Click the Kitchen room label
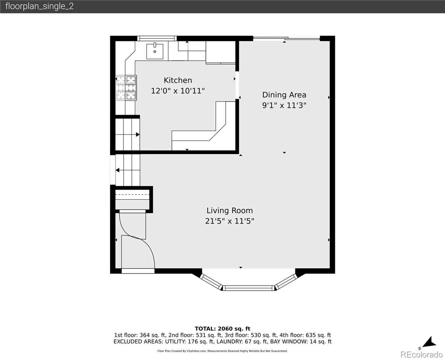(x=178, y=80)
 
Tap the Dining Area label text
(x=284, y=95)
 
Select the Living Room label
(x=230, y=211)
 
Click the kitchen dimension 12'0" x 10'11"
(x=178, y=91)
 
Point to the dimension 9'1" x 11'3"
(x=284, y=105)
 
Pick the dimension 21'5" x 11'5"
(x=230, y=221)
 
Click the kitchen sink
(x=155, y=51)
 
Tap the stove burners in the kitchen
(x=126, y=88)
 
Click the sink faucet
(x=155, y=45)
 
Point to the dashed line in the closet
(x=132, y=194)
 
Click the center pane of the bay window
(x=249, y=288)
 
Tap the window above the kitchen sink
(x=157, y=38)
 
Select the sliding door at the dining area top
(x=286, y=38)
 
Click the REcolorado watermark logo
(x=421, y=355)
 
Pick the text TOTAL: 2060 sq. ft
(x=222, y=329)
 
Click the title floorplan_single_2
(x=40, y=6)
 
